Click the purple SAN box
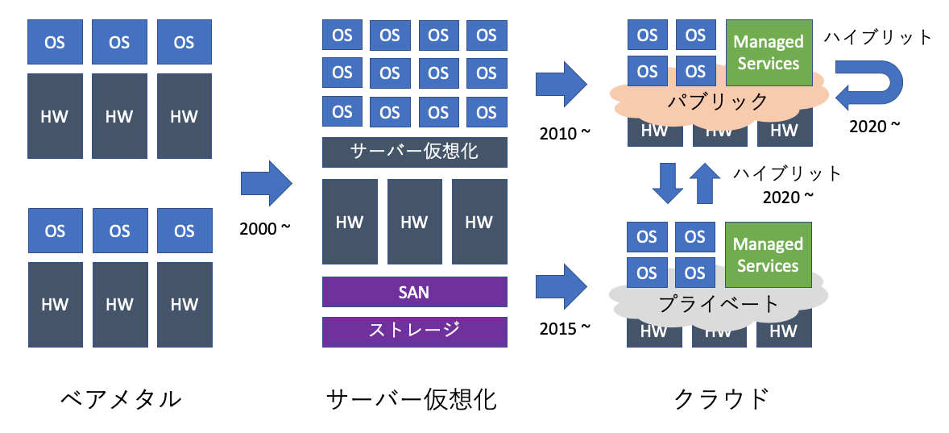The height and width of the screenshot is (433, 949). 414,292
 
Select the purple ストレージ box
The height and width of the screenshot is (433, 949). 414,331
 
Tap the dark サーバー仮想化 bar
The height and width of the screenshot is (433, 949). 414,152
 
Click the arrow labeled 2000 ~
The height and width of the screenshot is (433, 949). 267,184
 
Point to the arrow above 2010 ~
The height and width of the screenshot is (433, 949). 562,83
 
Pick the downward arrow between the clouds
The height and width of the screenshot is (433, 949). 667,184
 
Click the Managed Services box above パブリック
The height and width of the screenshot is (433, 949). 768,52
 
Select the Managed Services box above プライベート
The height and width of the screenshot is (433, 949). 768,255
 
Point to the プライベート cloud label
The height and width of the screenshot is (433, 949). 719,304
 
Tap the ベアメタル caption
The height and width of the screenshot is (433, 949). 121,398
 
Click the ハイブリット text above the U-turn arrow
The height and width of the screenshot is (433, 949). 877,36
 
